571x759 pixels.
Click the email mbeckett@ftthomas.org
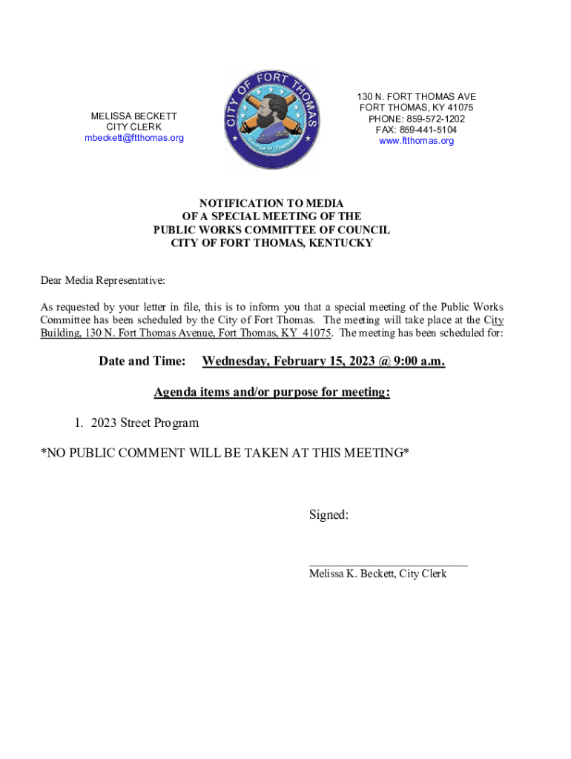point(134,138)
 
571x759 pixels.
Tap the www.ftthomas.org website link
point(416,141)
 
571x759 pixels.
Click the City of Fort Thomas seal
point(272,119)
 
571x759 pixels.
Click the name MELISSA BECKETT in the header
point(134,116)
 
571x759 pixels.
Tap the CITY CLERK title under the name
point(134,127)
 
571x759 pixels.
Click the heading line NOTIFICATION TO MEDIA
point(271,203)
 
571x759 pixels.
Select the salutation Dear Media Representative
point(102,281)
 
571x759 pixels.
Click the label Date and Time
point(142,361)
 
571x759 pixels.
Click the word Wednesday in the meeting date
point(235,361)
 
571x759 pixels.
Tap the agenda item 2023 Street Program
point(145,422)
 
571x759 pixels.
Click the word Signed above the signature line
point(329,514)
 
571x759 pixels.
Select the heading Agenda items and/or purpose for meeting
point(271,392)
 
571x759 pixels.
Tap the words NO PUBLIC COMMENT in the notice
point(116,452)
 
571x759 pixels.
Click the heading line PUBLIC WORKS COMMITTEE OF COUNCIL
point(271,230)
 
